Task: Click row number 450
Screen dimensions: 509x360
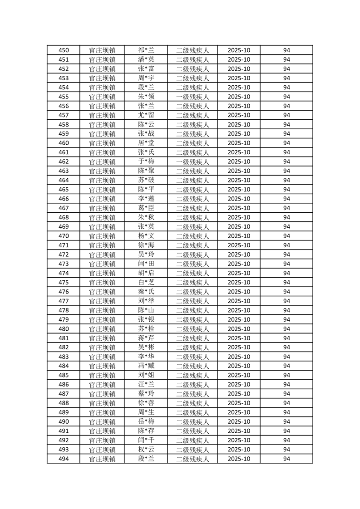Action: point(64,50)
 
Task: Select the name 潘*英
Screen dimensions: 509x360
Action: point(146,59)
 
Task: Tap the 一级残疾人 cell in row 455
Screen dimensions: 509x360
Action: point(192,97)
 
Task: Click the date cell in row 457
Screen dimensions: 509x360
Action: point(239,115)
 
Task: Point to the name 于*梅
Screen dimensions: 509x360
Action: point(146,162)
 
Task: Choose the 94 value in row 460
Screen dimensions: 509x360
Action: point(286,143)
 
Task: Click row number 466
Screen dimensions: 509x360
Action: point(64,199)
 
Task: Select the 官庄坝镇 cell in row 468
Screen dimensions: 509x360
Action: point(102,217)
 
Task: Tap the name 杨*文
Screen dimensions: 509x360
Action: point(146,236)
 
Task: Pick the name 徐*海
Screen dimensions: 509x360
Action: point(146,245)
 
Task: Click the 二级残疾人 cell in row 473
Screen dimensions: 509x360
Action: point(192,264)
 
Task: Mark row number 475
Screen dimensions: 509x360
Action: point(64,282)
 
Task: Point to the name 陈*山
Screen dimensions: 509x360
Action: point(146,310)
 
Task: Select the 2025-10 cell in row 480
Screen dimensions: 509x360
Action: point(239,329)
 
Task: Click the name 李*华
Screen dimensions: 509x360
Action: point(146,357)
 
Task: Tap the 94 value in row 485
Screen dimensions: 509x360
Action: point(286,375)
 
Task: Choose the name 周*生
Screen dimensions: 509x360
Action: point(146,412)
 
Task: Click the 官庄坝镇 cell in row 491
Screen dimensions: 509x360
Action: point(102,431)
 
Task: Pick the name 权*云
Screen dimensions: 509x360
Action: point(146,450)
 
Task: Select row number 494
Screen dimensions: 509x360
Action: point(64,459)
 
